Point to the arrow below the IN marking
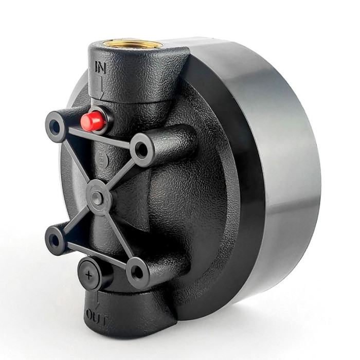(100, 86)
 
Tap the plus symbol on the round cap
(88, 275)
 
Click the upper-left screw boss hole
(55, 125)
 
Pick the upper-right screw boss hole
(142, 149)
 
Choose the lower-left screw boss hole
(55, 240)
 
